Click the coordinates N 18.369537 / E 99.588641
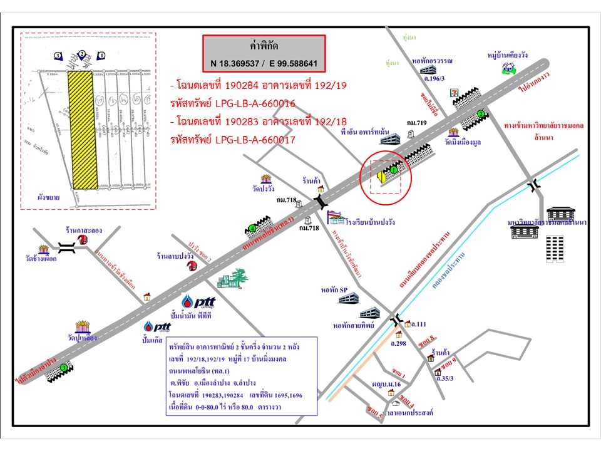point(264,63)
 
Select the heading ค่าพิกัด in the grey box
point(264,46)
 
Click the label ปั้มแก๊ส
point(153,340)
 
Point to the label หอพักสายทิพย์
point(354,326)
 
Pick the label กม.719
point(417,123)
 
